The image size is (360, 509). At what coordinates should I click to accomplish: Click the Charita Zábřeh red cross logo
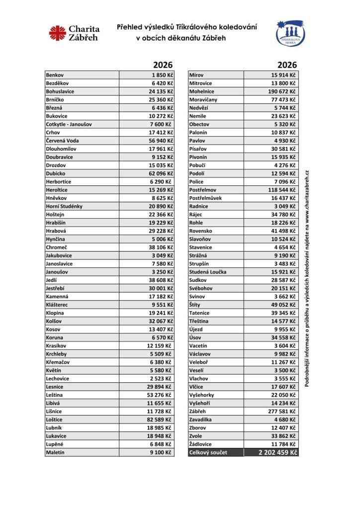pyautogui.click(x=58, y=33)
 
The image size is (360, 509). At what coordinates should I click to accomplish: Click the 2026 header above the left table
pyautogui.click(x=163, y=65)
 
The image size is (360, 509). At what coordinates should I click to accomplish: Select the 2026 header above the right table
pyautogui.click(x=287, y=65)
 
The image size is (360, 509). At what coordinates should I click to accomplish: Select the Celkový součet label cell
pyautogui.click(x=208, y=453)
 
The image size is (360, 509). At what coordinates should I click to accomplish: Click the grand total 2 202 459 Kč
pyautogui.click(x=277, y=453)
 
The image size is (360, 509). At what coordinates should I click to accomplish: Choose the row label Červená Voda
pyautogui.click(x=63, y=141)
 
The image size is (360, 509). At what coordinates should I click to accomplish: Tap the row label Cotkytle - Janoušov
pyautogui.click(x=69, y=124)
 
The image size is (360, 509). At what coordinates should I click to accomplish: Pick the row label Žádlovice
pyautogui.click(x=200, y=444)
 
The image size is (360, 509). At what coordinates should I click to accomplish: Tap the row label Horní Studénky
pyautogui.click(x=64, y=206)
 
